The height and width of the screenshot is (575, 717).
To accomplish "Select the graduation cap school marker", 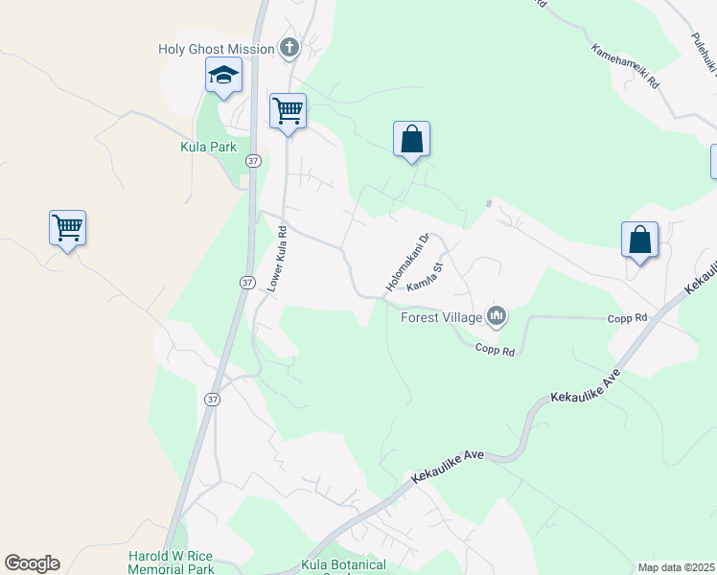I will (223, 76).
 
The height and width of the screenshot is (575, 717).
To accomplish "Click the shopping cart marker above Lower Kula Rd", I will (288, 112).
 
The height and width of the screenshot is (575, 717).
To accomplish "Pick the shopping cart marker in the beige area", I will (67, 229).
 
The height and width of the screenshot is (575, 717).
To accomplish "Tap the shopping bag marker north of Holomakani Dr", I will (411, 140).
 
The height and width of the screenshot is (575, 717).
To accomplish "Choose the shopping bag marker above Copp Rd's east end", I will (639, 241).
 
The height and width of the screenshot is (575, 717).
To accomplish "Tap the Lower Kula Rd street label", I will (276, 258).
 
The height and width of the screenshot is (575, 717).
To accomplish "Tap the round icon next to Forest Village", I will (497, 315).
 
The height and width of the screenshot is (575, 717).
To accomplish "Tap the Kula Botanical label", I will (343, 565).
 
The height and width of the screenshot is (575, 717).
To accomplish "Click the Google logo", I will (32, 563).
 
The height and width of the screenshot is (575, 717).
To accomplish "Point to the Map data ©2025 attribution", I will (675, 566).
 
